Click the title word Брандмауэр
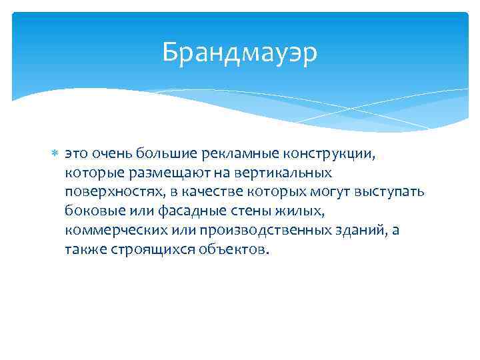(240, 51)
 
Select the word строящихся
(139, 249)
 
